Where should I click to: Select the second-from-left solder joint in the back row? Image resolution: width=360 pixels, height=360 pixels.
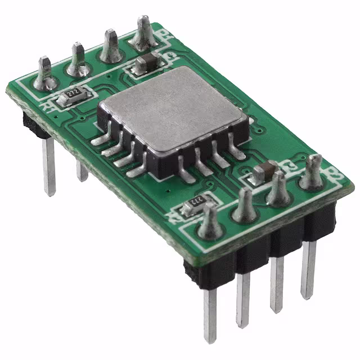(78, 61)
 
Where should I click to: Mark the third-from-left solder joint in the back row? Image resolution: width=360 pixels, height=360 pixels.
(110, 48)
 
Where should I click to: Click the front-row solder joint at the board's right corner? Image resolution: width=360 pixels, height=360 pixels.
(312, 174)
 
